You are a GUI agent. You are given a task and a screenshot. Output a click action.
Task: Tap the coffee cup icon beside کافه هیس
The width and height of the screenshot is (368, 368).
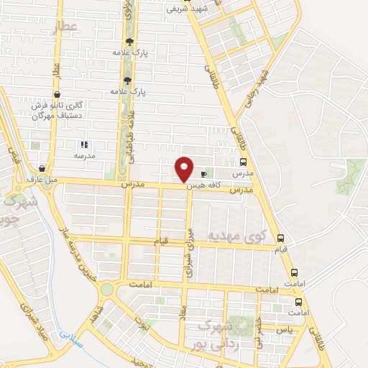pos(204,174)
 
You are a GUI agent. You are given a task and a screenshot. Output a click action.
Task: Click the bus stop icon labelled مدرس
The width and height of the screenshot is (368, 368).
pos(241,162)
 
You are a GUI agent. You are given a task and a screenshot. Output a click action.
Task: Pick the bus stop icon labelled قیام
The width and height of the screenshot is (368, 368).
pos(280,239)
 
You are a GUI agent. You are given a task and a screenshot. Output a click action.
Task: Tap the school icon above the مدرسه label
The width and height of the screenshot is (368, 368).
pos(84,144)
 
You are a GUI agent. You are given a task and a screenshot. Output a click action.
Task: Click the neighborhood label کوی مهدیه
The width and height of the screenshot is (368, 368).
pos(237,236)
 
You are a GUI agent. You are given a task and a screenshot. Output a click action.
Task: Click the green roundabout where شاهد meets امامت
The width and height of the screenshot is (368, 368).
pos(106,289)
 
